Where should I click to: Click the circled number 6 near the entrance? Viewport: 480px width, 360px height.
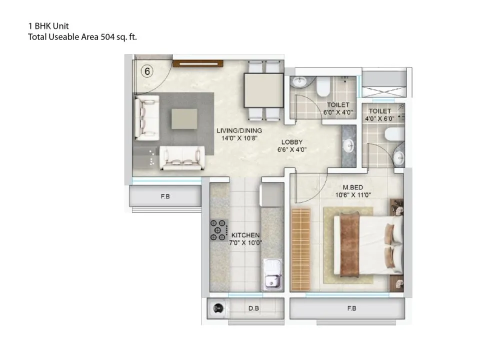pos(147,71)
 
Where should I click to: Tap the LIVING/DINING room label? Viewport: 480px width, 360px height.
pos(239,130)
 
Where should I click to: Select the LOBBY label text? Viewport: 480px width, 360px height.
pos(291,142)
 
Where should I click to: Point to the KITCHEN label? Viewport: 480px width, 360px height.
pos(245,235)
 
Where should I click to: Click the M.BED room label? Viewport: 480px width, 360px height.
pos(352,187)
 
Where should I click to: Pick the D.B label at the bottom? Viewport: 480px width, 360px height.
pos(253,308)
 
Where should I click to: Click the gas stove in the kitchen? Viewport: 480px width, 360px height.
pos(219,230)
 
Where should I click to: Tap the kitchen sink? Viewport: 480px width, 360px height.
pos(272,274)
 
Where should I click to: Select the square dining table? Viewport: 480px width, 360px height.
pos(264,90)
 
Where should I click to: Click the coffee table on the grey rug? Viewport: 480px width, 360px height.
pos(184,119)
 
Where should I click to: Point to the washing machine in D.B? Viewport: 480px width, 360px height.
pos(218,308)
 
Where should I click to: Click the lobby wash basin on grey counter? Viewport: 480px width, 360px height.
pos(348,146)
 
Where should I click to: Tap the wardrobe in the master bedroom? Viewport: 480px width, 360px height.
pos(301,249)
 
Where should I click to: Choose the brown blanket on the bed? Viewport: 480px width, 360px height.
pos(349,244)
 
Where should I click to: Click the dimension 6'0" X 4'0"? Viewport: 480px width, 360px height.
pos(338,112)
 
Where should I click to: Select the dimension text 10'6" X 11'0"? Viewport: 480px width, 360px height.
pos(353,195)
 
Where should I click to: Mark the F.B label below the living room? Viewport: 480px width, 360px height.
pos(165,196)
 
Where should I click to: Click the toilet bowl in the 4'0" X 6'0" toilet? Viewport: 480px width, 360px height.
pos(394,134)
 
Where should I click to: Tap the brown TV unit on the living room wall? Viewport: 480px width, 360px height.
pos(198,63)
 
